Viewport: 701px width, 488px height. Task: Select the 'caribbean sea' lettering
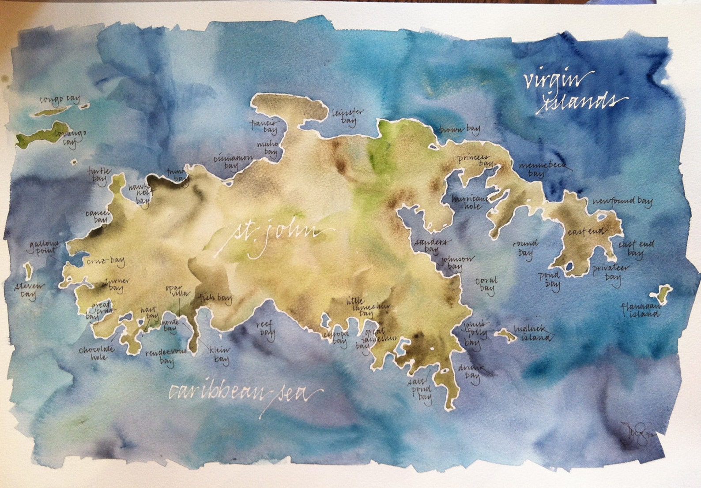[245, 393]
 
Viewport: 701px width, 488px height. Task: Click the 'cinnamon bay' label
[233, 161]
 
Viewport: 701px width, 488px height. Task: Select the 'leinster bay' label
[348, 116]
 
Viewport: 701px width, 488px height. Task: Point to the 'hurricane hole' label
[469, 202]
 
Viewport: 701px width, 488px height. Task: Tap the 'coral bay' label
[486, 284]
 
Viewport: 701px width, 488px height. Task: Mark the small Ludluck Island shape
[505, 335]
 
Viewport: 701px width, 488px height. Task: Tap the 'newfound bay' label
[622, 202]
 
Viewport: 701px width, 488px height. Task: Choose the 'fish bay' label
[215, 298]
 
